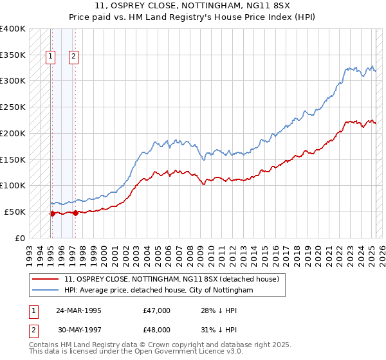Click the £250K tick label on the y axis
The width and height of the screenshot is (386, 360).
point(13,107)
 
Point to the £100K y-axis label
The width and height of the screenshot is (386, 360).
point(13,186)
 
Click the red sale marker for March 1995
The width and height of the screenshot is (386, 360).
point(52,213)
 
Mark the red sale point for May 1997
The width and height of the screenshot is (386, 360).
point(75,213)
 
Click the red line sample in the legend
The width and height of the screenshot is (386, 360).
point(46,279)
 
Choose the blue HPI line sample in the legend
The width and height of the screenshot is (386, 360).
point(46,291)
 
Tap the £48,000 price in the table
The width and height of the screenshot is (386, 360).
point(157,329)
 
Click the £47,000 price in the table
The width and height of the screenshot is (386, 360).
point(157,310)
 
